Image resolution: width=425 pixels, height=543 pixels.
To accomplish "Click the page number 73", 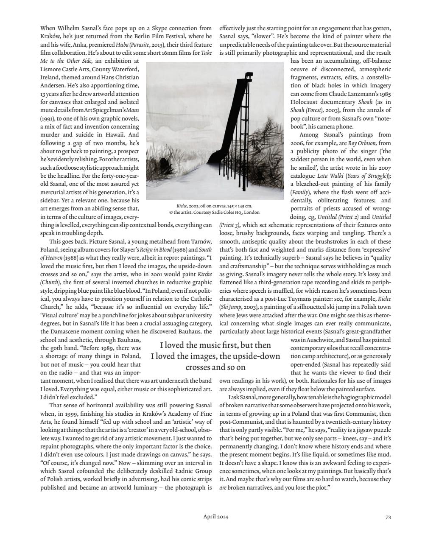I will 388,517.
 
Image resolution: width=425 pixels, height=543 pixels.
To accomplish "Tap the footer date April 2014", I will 215,517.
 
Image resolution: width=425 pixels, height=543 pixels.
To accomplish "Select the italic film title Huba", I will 122,45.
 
